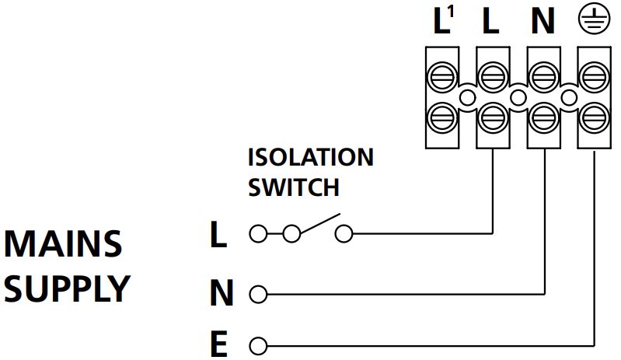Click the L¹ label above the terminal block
coord(442,21)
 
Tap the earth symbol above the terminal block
coord(593,21)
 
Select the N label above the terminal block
coord(543,22)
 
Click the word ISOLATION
coord(310,157)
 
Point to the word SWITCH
coord(293,187)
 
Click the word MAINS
coord(63,245)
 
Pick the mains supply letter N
coord(222,295)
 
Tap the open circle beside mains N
coord(259,295)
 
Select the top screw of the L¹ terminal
coord(442,75)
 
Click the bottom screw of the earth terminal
coord(594,119)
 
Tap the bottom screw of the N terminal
coord(543,119)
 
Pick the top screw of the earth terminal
coord(594,75)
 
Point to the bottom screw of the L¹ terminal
coord(442,119)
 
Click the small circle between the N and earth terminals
coord(569,97)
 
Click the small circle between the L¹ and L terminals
coord(467,97)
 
